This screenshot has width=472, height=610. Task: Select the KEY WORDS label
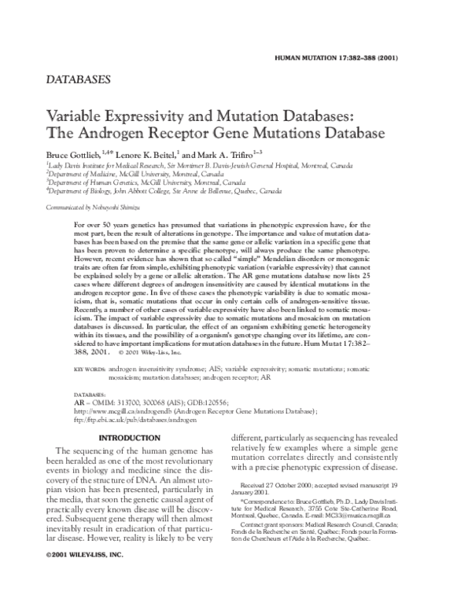point(90,368)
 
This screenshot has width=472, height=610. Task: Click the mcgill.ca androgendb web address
point(111,410)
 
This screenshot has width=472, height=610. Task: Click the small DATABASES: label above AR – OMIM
point(90,391)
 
